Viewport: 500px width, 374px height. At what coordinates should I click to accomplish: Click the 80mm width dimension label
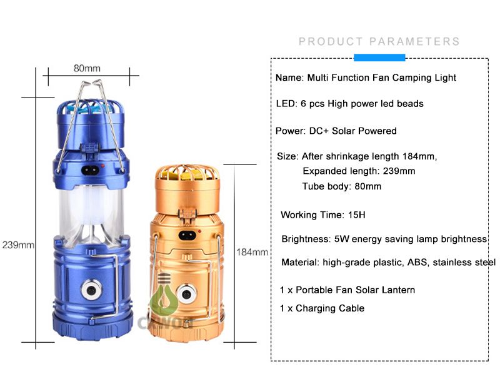[87, 68]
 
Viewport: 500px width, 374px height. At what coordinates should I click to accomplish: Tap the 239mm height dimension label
[18, 245]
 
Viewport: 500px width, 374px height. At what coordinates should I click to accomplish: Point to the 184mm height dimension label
[252, 252]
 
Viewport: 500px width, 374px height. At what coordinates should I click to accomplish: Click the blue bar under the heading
[379, 58]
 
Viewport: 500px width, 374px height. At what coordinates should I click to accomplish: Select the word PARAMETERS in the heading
[414, 41]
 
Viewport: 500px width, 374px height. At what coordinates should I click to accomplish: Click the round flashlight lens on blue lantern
[91, 290]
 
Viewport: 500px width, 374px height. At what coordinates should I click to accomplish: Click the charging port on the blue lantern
[90, 170]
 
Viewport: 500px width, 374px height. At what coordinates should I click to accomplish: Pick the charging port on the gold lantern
[187, 236]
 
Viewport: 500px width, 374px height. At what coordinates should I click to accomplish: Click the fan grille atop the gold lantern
[187, 174]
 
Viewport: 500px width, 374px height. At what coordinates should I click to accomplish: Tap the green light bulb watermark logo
[164, 293]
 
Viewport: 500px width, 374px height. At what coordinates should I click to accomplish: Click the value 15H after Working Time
[356, 215]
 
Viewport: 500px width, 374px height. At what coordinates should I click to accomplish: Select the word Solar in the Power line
[343, 131]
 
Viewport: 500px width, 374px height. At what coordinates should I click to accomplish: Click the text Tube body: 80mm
[341, 186]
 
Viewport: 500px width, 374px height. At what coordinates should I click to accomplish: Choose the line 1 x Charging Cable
[322, 308]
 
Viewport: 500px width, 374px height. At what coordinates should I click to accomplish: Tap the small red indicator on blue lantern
[102, 166]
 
